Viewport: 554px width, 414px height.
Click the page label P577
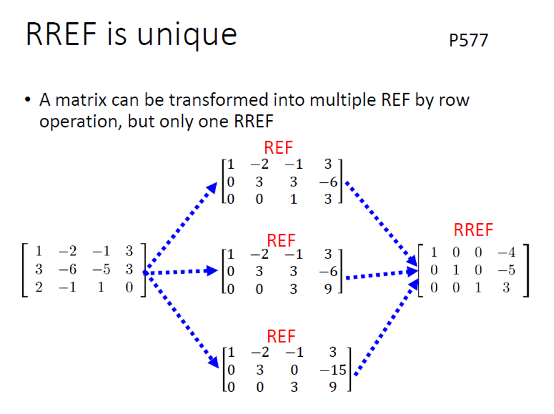468,41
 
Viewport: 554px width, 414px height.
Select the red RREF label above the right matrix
473,230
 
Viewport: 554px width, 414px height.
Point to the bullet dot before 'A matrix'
27,101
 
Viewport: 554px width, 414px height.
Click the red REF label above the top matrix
278,148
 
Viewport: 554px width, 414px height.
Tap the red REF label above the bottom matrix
281,336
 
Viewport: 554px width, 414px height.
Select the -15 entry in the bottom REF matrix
333,370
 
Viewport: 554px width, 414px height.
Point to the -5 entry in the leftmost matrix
102,269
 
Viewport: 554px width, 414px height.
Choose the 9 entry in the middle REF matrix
328,289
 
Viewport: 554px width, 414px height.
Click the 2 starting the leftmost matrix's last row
38,287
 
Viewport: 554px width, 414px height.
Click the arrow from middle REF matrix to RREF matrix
381,274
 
